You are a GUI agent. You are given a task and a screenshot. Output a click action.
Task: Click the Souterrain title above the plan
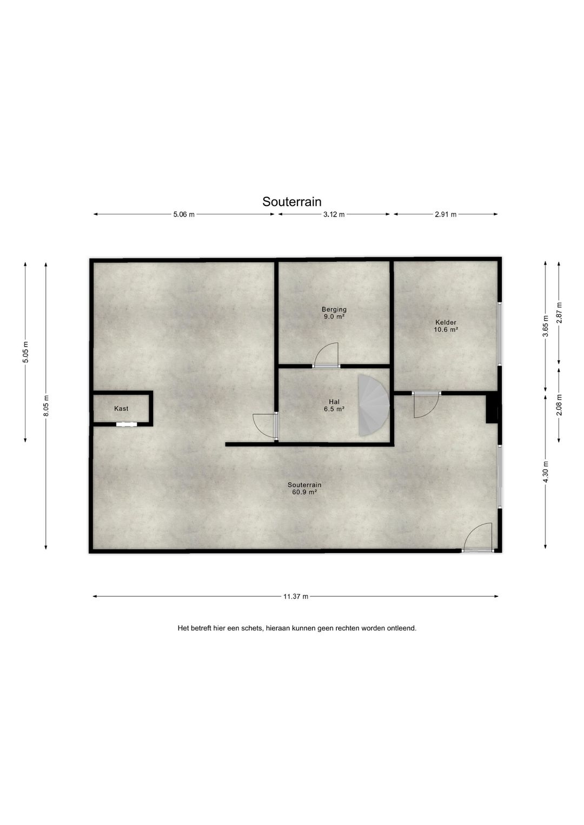pos(292,202)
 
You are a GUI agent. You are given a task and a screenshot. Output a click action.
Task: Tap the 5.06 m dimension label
pos(184,214)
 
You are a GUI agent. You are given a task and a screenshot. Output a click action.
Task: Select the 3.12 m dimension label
pos(334,214)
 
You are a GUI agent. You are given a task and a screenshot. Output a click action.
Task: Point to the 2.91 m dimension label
pos(446,214)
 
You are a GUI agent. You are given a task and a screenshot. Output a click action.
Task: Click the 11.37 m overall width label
pos(295,597)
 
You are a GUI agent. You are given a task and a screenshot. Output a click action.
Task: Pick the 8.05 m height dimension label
pos(46,406)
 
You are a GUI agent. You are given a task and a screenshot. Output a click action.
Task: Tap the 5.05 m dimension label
pos(25,352)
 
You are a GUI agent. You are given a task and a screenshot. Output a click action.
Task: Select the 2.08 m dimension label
pos(559,404)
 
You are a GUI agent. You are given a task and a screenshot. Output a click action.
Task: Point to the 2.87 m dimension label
pos(559,312)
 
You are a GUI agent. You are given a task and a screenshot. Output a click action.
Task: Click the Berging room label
pos(334,309)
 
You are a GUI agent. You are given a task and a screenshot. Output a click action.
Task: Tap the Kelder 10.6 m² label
pos(446,326)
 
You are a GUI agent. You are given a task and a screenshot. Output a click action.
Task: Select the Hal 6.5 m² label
pos(334,405)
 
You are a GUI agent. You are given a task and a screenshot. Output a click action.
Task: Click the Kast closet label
pos(121,409)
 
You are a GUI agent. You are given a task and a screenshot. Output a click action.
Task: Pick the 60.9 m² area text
pos(302,491)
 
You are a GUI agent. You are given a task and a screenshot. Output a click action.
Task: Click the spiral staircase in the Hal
pos(374,404)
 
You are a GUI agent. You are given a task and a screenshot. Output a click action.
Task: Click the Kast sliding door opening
pos(127,424)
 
